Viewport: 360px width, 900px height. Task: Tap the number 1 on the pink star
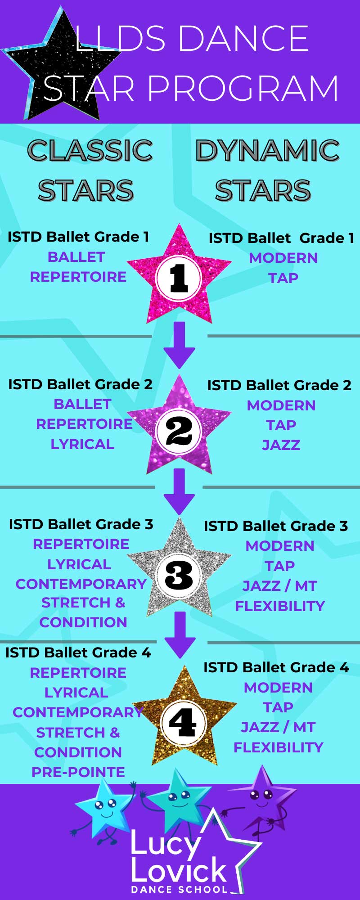(x=179, y=278)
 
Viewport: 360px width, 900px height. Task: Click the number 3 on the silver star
(x=179, y=576)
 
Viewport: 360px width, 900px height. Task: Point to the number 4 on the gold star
(x=182, y=723)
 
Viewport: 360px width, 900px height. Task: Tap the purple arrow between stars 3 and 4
(x=180, y=635)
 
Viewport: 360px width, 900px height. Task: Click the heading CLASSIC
(x=90, y=150)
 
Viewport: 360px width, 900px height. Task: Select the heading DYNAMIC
(x=267, y=150)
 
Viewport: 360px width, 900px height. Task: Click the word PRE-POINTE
(x=78, y=772)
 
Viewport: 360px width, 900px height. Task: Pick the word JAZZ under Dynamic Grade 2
(x=281, y=445)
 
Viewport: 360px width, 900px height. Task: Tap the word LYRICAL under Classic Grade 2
(x=82, y=444)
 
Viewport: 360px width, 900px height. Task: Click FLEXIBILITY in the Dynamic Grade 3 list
(x=280, y=606)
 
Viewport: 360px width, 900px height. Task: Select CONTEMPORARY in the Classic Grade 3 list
(x=81, y=584)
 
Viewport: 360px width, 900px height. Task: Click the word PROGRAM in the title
(x=243, y=89)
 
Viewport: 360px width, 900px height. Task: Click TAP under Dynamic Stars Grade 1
(x=283, y=278)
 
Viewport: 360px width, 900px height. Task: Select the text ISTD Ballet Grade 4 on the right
(x=276, y=667)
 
